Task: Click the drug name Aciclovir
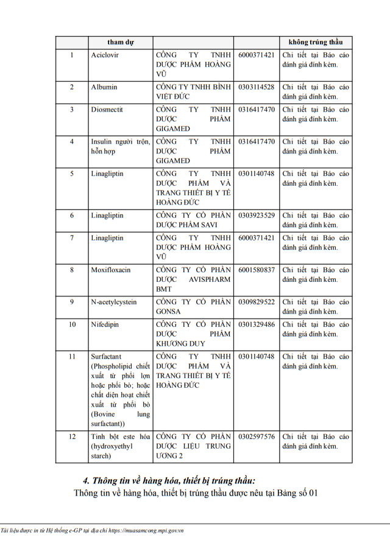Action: [x=104, y=55]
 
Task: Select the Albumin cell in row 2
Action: [x=104, y=87]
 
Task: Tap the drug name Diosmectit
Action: [x=107, y=110]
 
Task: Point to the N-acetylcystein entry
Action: [x=113, y=302]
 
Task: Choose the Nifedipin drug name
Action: [x=107, y=325]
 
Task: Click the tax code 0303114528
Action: [x=257, y=87]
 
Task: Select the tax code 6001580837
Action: [x=257, y=270]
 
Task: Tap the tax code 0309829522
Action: [x=257, y=302]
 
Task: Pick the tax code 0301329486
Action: [x=257, y=325]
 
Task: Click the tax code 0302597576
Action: [x=257, y=437]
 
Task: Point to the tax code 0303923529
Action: [x=257, y=216]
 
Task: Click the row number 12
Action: [x=72, y=437]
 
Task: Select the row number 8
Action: [x=72, y=270]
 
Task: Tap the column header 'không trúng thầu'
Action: [x=316, y=42]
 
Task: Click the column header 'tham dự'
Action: [x=121, y=42]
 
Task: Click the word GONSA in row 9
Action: [x=169, y=312]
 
